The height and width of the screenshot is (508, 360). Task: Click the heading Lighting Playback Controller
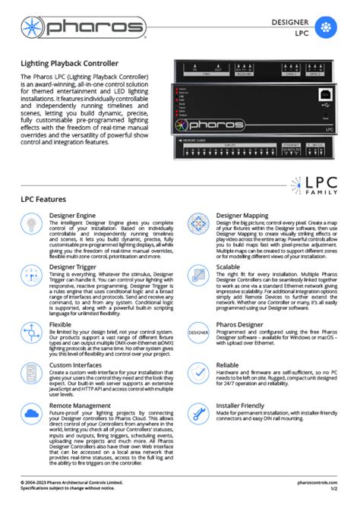(69, 63)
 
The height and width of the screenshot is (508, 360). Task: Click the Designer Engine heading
(73, 216)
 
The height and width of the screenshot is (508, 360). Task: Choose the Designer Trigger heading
(74, 267)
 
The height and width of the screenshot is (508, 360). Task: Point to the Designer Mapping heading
(244, 216)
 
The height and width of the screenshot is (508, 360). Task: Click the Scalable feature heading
(230, 267)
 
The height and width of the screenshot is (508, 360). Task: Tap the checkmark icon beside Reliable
(199, 374)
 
